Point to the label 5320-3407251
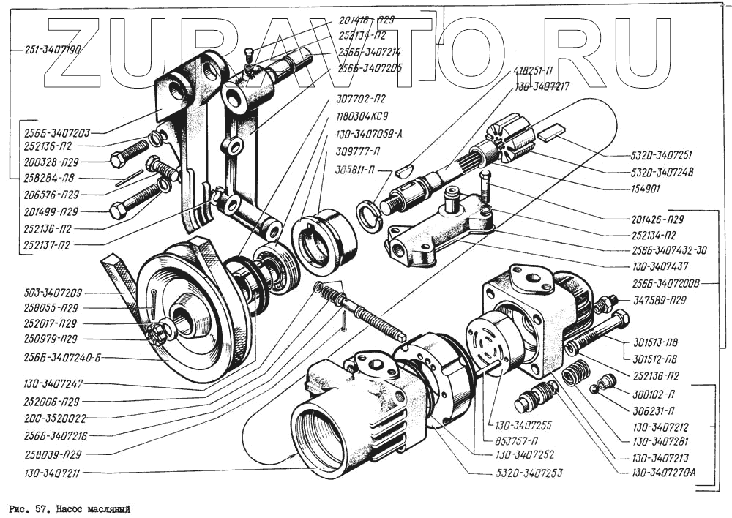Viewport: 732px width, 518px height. pos(661,155)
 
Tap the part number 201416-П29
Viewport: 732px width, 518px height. pos(367,20)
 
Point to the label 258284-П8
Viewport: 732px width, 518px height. pos(51,178)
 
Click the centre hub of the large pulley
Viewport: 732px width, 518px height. pos(183,320)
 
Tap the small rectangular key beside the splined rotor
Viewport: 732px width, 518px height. pos(551,132)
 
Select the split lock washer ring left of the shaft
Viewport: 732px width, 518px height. pos(369,216)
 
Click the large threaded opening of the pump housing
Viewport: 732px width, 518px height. pos(318,439)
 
